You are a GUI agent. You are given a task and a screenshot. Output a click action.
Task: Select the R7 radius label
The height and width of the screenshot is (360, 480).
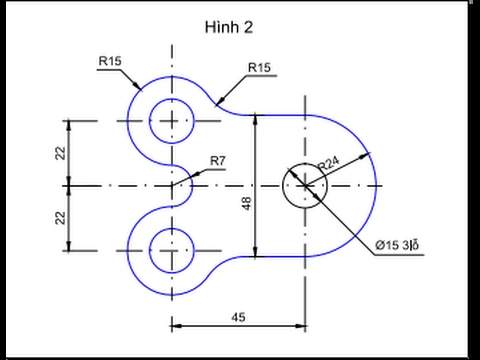click(218, 160)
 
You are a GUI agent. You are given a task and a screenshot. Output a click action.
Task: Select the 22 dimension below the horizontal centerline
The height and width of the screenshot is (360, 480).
click(61, 217)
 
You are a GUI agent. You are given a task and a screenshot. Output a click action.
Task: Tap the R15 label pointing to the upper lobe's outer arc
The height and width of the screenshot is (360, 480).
click(111, 61)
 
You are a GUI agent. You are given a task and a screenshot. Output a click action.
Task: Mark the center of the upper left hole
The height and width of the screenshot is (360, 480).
click(172, 121)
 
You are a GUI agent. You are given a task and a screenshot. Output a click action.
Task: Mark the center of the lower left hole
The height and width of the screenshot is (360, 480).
click(172, 250)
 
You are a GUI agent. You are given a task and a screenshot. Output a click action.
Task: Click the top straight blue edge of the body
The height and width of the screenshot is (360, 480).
click(280, 113)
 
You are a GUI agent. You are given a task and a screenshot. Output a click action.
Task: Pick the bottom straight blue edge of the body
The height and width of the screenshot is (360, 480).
click(280, 257)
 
